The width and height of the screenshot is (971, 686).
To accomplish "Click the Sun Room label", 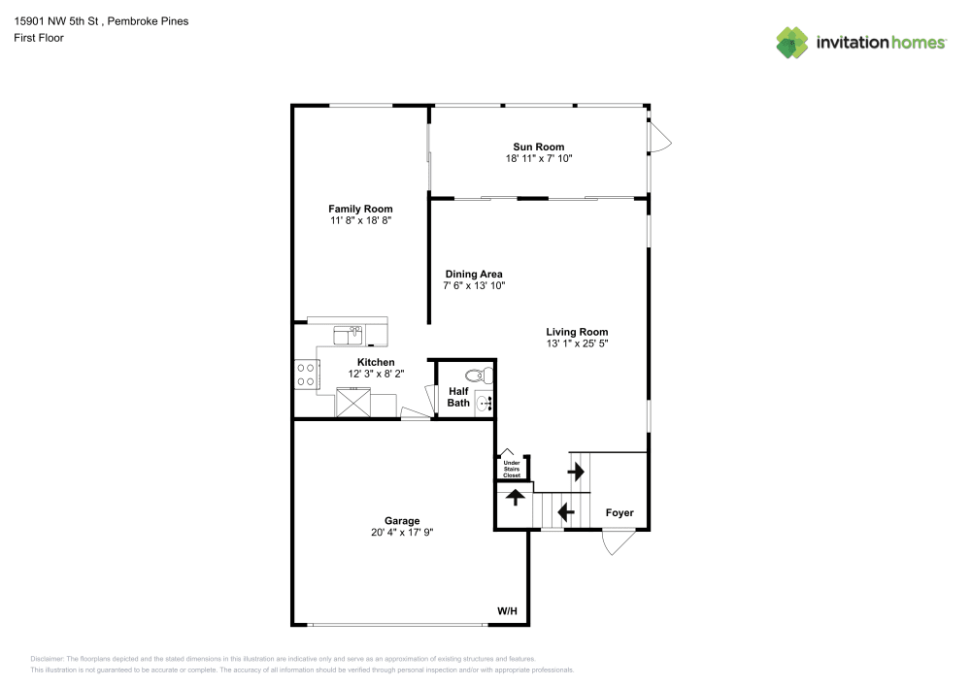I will pyautogui.click(x=538, y=147).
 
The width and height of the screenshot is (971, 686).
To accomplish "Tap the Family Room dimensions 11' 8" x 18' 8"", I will pyautogui.click(x=360, y=220).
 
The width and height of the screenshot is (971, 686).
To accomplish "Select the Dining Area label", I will pyautogui.click(x=473, y=274).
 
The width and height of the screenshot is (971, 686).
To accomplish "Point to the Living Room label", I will pyautogui.click(x=577, y=332).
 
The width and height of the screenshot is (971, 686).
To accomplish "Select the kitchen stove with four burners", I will pyautogui.click(x=306, y=375).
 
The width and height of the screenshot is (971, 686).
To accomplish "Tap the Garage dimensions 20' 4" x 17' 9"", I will pyautogui.click(x=402, y=532).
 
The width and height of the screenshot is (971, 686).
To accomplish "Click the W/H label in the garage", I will pyautogui.click(x=507, y=611).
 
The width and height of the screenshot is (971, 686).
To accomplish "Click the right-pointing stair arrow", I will pyautogui.click(x=576, y=473).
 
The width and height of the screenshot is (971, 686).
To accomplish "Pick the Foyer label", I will pyautogui.click(x=619, y=512).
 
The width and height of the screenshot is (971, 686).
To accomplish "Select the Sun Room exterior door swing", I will pyautogui.click(x=659, y=137).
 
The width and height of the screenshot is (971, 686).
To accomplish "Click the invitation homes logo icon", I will pyautogui.click(x=792, y=42).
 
